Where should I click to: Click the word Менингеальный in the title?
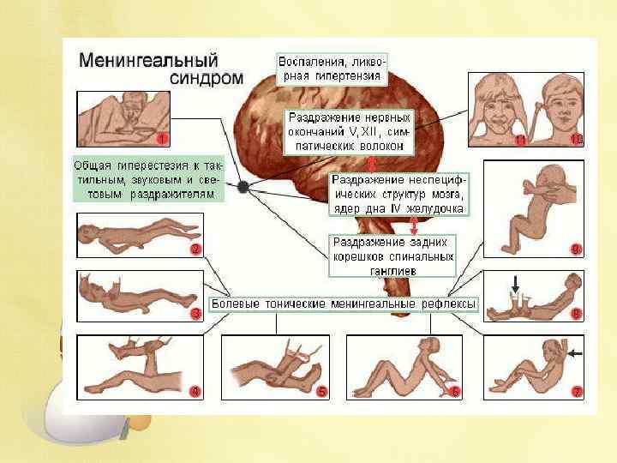(149, 62)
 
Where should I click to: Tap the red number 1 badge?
(163, 137)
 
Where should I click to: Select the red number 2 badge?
(195, 250)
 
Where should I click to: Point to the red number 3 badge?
(195, 314)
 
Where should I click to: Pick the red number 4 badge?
(195, 392)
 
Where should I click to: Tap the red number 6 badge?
(455, 392)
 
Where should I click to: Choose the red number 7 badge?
(577, 392)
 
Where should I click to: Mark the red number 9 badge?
(577, 250)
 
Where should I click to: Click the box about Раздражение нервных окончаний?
(349, 131)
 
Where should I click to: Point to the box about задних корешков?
(393, 256)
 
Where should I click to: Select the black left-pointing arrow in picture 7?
(572, 352)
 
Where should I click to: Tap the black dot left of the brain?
(243, 186)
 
